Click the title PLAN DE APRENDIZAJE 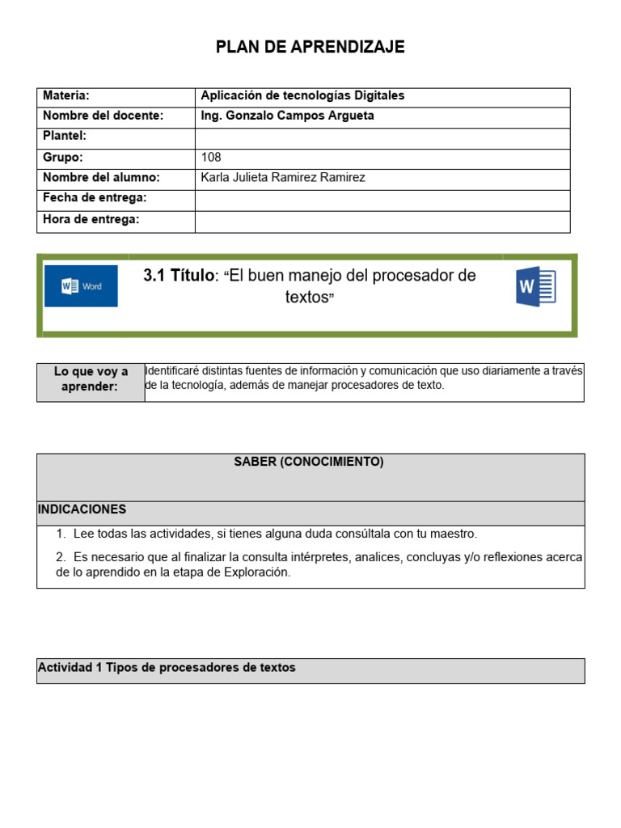point(310,48)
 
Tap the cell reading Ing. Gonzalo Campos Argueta point(287,116)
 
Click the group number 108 point(211,157)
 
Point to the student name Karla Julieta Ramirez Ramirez point(282,177)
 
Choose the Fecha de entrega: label point(95,197)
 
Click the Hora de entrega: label point(91,219)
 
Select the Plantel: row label point(65,136)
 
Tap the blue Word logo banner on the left point(81,286)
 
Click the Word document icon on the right point(535,286)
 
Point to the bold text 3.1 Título point(180,276)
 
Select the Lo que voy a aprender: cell point(91,379)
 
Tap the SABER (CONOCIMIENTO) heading point(309,462)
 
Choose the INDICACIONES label point(82,509)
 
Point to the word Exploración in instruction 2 point(256,572)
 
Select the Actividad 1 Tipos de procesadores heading point(167,668)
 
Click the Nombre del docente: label point(103,116)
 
